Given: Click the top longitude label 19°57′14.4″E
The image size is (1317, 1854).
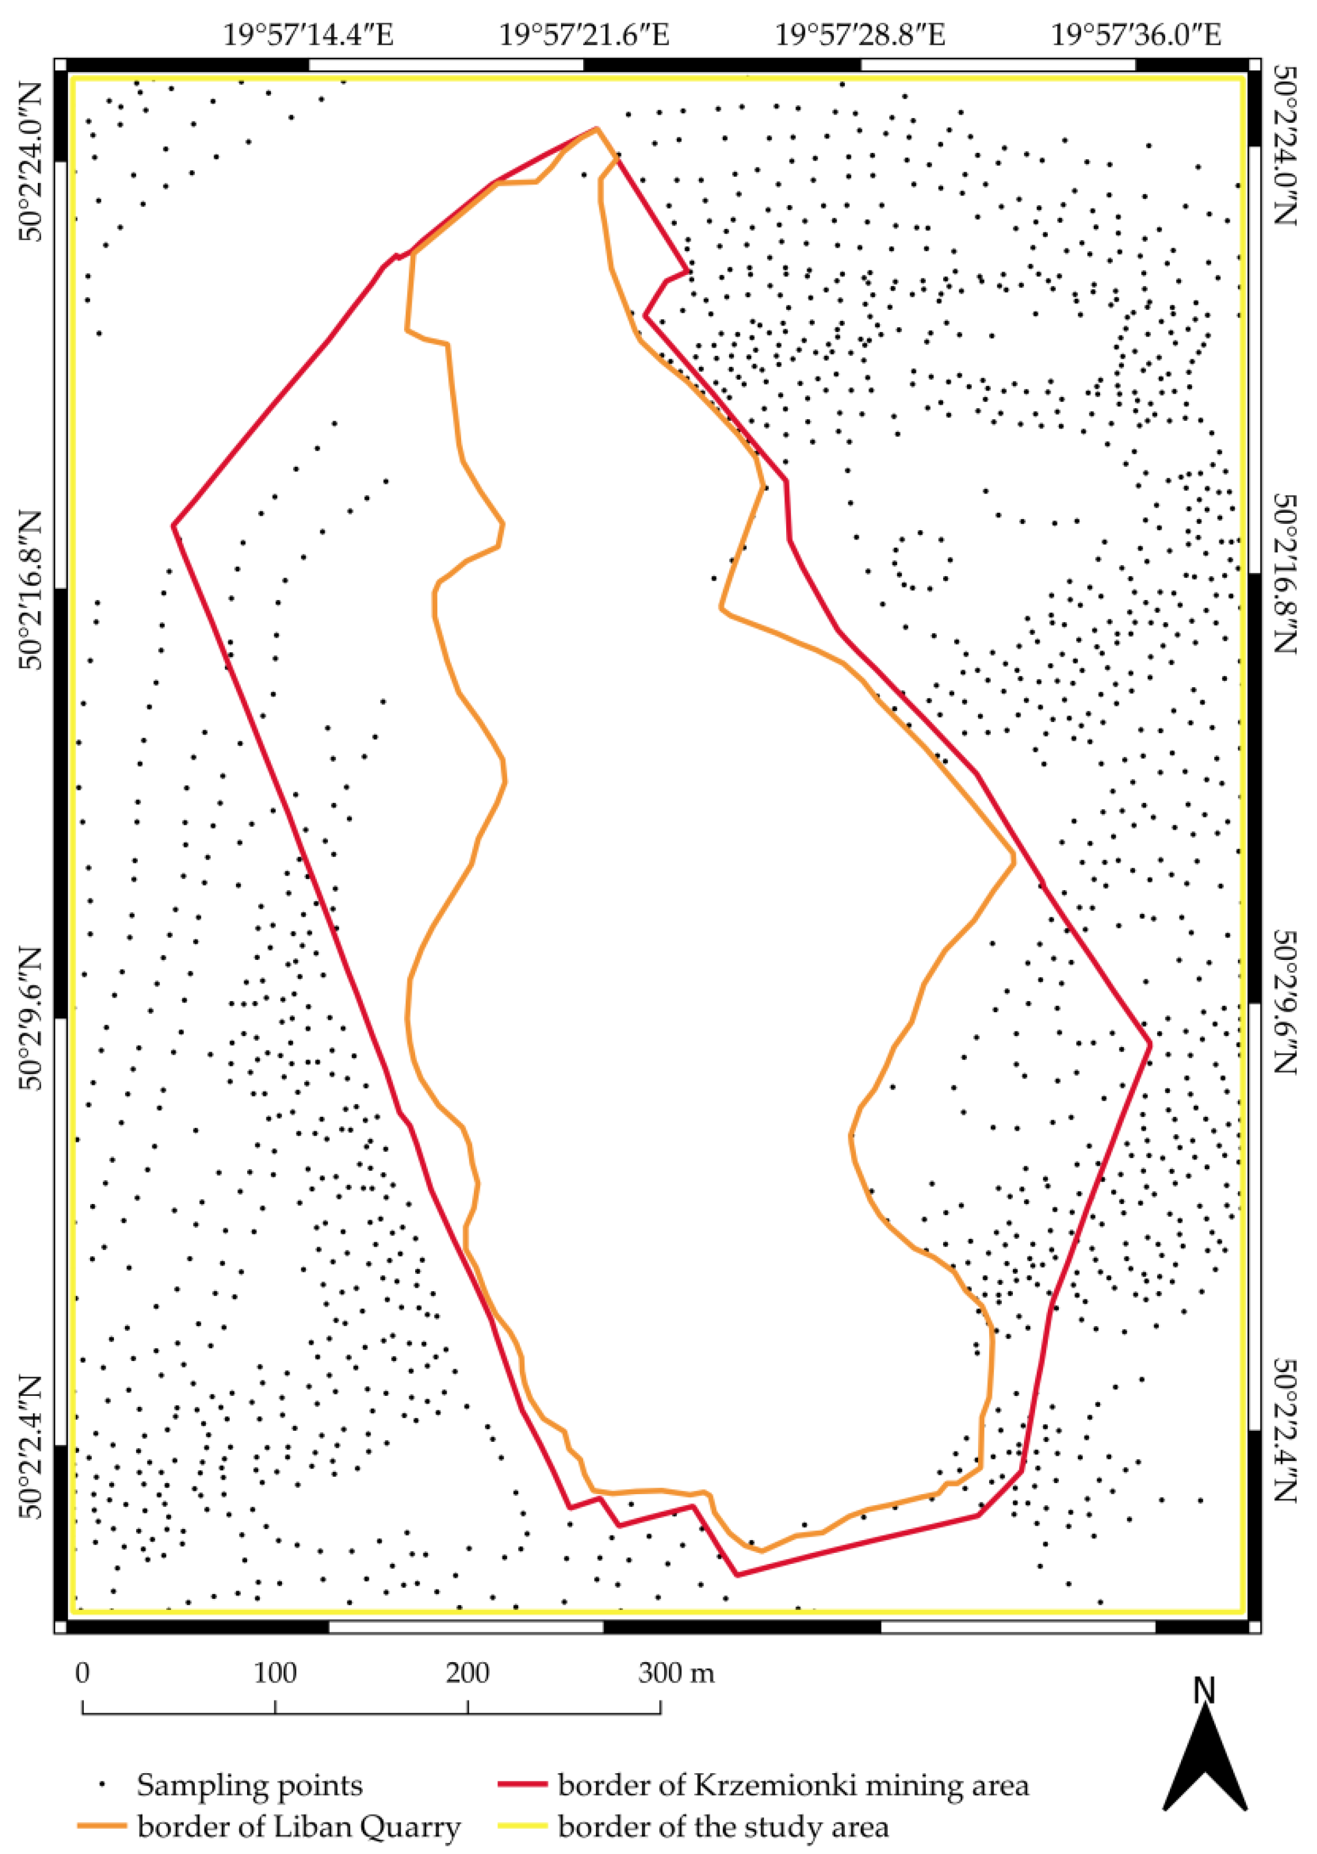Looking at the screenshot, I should pyautogui.click(x=308, y=35).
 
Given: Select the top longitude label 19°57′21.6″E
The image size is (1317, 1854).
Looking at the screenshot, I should pyautogui.click(x=584, y=35).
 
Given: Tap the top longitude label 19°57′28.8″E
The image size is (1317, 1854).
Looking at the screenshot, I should pyautogui.click(x=861, y=35).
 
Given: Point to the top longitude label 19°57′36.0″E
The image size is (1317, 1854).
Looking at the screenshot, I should pyautogui.click(x=1136, y=35).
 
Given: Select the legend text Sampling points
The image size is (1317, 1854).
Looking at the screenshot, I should pyautogui.click(x=250, y=1784).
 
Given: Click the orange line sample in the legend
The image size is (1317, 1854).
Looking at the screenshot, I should pyautogui.click(x=102, y=1827).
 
